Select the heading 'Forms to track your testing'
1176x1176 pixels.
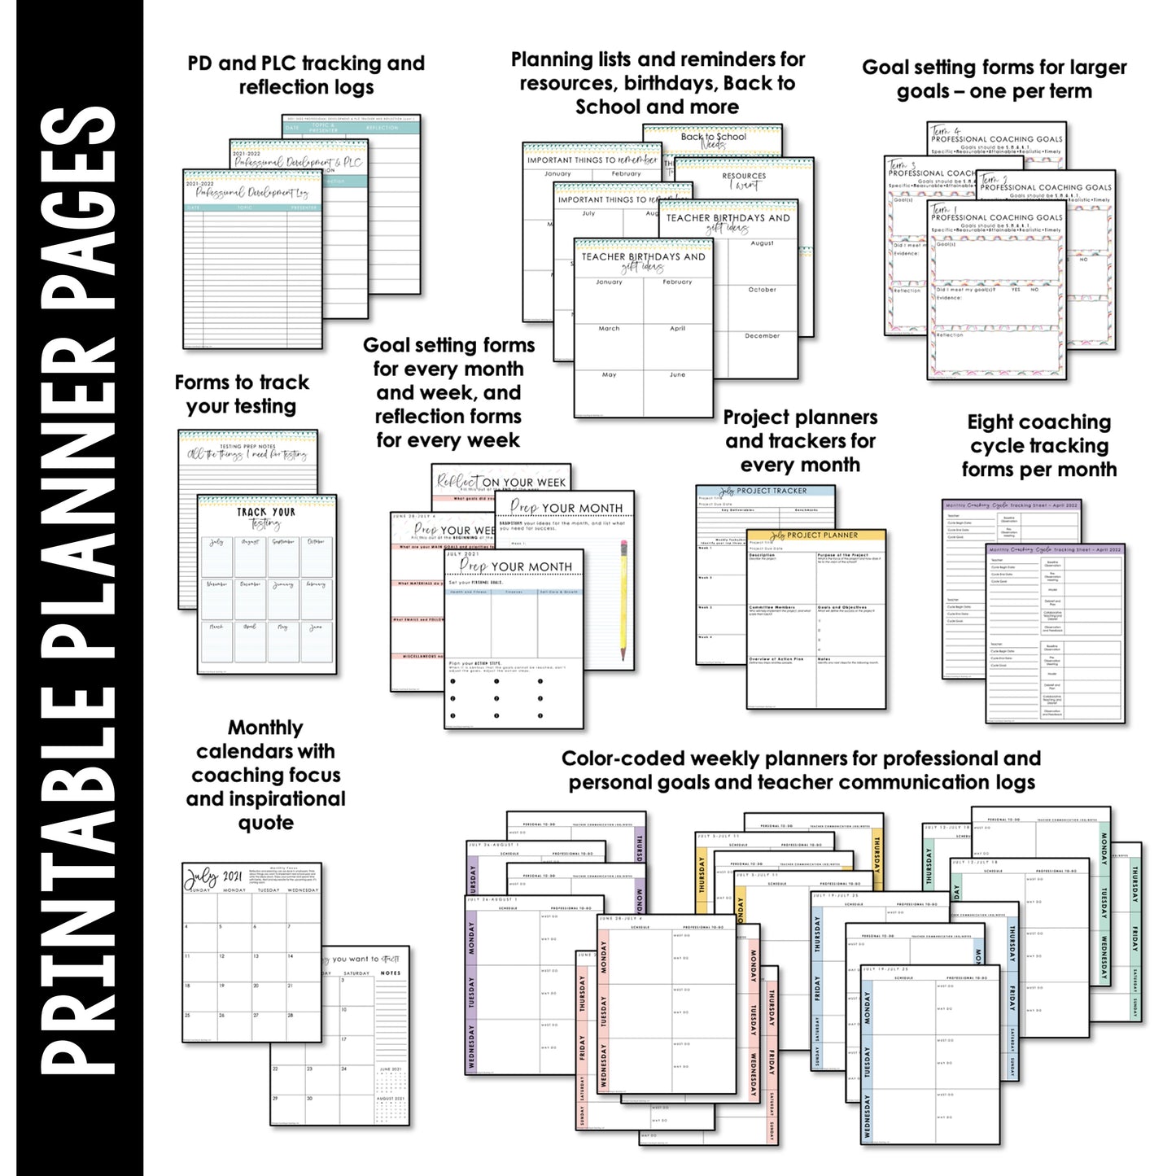coord(242,395)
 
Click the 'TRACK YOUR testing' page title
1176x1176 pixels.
coord(266,518)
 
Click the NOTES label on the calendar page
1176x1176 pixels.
coord(391,973)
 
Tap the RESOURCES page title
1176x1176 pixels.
coord(744,179)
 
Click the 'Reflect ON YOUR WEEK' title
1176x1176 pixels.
coord(501,482)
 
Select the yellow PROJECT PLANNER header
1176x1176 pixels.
coord(815,536)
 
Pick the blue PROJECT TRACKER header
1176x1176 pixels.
coord(765,492)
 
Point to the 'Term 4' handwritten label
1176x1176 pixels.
coord(946,130)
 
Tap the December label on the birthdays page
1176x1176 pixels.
coord(762,335)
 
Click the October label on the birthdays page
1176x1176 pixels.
coord(762,289)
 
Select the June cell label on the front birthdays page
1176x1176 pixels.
coord(677,375)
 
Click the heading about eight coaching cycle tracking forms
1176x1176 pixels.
coord(1039,446)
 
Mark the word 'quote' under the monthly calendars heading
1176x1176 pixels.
coord(266,823)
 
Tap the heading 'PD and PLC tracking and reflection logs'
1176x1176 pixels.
coord(306,75)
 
